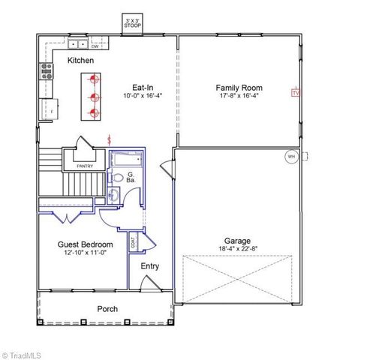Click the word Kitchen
click(x=81, y=60)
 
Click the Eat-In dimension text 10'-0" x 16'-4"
click(x=143, y=96)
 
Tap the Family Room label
click(x=239, y=87)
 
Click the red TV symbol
click(x=295, y=93)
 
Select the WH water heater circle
click(x=291, y=157)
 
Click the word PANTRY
click(x=84, y=166)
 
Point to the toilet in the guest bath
click(x=116, y=178)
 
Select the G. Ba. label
click(x=131, y=178)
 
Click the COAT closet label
click(x=134, y=243)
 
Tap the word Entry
click(x=149, y=266)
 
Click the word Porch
click(x=107, y=309)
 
